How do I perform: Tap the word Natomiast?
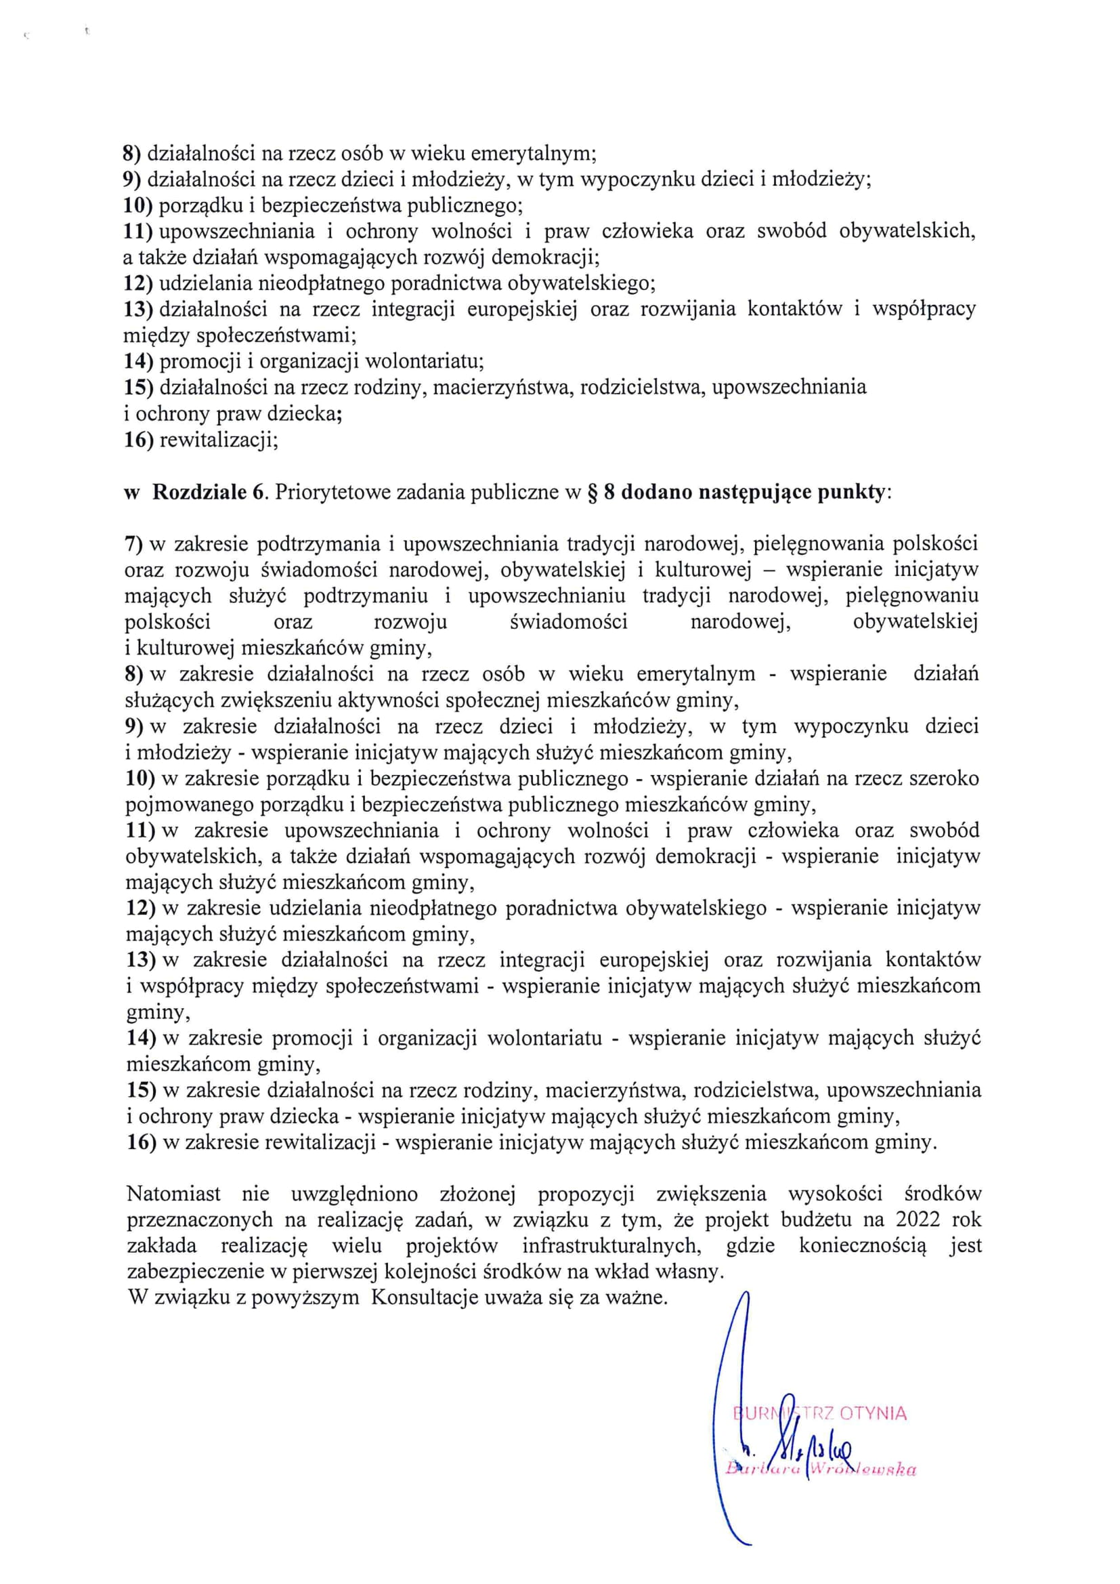tap(174, 1194)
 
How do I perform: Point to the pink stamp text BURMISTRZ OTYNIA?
tap(820, 1413)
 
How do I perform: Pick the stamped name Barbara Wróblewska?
tap(821, 1470)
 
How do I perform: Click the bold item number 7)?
tap(133, 543)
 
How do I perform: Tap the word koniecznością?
tap(863, 1246)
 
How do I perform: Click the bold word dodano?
tap(657, 493)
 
